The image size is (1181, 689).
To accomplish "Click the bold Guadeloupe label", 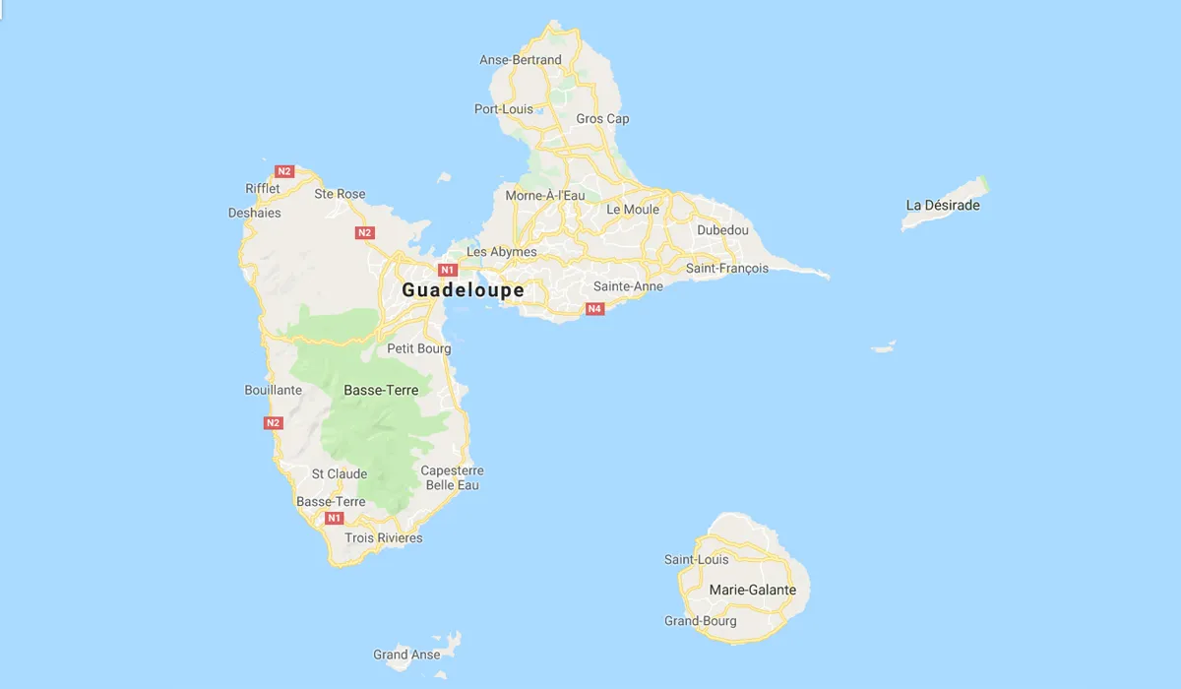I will point(463,290).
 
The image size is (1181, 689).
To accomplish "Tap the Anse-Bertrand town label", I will point(521,60).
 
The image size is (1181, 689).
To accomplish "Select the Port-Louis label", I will point(503,109).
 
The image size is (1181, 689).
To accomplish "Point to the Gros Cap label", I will point(602,119).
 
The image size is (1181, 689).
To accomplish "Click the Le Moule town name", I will point(633,210).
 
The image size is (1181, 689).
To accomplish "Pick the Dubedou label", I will point(722,230).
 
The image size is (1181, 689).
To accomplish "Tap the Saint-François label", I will point(727,268).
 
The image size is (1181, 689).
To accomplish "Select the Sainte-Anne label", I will point(628,286).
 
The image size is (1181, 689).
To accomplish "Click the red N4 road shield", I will point(594,309).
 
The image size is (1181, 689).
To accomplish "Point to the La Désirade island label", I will point(943,206).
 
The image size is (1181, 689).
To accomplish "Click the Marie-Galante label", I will point(752,590).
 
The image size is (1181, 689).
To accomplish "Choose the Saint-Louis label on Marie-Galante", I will point(697,560).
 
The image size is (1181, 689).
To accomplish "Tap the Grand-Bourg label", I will point(700,621).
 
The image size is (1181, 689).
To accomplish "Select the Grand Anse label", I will point(406,655).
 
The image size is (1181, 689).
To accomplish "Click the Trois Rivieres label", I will point(384,538).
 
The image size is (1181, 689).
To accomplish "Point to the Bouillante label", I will point(273,391).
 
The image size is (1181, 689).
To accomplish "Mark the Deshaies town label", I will point(254,213).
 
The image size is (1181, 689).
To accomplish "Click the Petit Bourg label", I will point(419,348).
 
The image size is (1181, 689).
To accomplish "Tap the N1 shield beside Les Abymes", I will point(448,269).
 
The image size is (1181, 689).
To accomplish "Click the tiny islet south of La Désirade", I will point(884,347).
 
